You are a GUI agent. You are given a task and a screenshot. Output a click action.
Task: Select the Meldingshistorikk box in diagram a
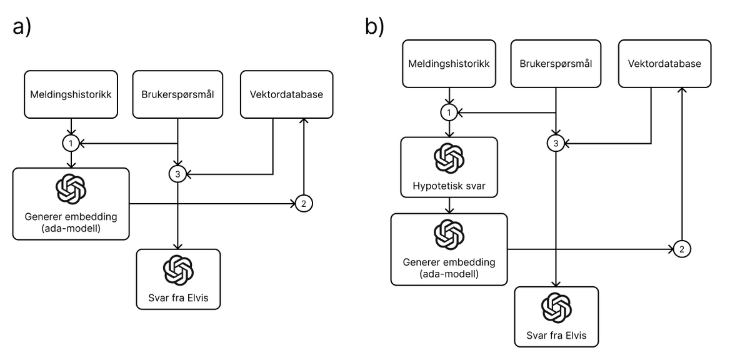(x=71, y=94)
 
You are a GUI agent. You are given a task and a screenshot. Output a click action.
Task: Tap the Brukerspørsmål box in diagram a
(x=179, y=94)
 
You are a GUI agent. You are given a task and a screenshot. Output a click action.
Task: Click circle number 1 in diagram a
(x=71, y=143)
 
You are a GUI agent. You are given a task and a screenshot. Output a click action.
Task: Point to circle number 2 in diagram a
(x=303, y=203)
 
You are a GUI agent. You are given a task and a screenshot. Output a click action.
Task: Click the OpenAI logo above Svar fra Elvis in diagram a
(x=178, y=271)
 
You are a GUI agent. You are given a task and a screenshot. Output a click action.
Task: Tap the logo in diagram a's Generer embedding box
(x=71, y=189)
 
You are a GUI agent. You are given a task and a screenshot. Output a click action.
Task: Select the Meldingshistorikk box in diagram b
(x=449, y=64)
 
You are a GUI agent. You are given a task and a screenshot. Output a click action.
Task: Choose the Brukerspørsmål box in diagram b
(x=557, y=64)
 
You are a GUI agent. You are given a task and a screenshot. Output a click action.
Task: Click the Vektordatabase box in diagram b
(x=665, y=64)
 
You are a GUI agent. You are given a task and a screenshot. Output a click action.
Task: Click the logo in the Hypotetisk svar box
(x=449, y=158)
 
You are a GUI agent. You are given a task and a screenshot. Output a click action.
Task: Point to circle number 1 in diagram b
(x=449, y=112)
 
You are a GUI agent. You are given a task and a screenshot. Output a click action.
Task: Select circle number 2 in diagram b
(x=681, y=249)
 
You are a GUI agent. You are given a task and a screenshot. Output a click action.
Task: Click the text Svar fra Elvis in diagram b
(x=556, y=334)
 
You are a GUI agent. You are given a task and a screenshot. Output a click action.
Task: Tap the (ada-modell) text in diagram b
(x=449, y=273)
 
